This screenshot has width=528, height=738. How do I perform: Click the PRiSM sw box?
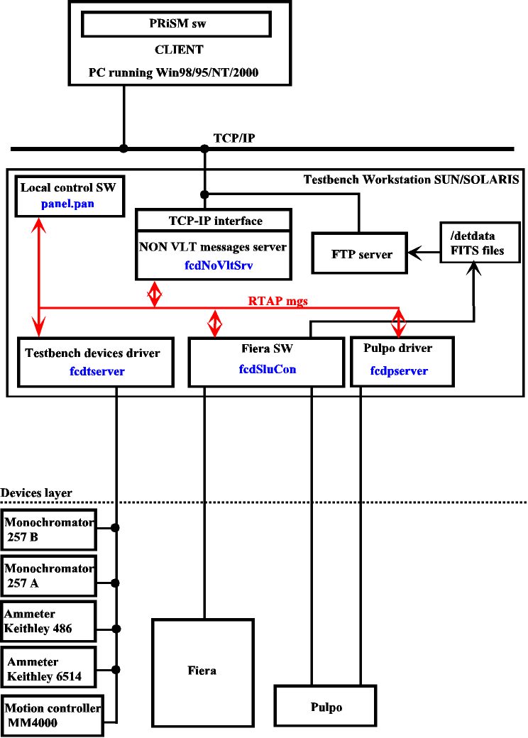pos(177,23)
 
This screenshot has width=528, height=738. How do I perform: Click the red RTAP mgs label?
pos(278,301)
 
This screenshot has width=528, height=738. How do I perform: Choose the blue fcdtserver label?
pos(97,371)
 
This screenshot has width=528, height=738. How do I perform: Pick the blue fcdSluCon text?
pos(267,369)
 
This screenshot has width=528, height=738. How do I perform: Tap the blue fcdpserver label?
pos(399,371)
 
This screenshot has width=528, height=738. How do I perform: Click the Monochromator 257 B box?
pos(49,529)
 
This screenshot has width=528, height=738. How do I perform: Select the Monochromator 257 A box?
pos(49,575)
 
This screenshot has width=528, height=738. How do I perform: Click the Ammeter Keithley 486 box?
pos(49,622)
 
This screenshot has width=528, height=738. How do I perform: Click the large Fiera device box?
pos(203,669)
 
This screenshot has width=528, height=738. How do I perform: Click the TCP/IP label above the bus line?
pos(234,138)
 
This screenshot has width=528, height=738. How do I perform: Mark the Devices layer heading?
pos(37,492)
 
